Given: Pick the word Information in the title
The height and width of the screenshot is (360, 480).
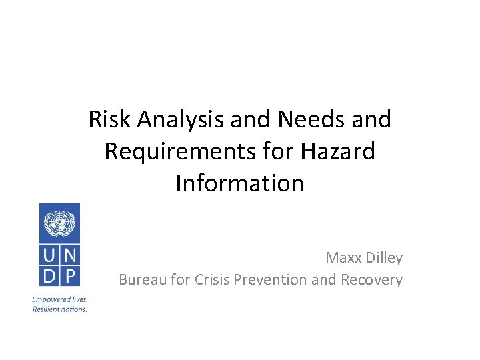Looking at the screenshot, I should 239,183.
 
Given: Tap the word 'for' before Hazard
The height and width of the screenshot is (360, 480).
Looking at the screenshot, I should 279,151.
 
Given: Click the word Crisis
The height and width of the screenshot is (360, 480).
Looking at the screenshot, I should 211,279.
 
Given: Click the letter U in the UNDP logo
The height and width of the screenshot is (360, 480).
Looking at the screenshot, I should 49,255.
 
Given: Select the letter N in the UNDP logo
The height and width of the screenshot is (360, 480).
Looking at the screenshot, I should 69,255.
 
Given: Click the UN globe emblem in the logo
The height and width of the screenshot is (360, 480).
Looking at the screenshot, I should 59,223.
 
